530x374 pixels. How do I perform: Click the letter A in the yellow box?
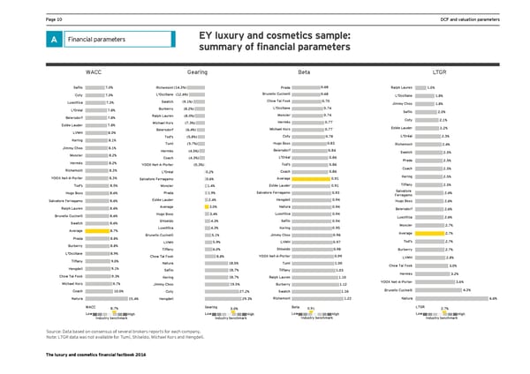pos(31,39)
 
